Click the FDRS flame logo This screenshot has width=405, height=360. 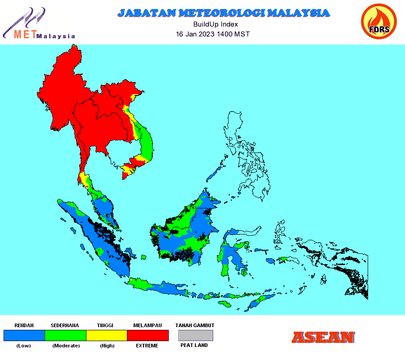click(378, 22)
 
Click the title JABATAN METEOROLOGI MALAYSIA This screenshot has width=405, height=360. click(223, 13)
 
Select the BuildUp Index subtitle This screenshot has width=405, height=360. click(216, 24)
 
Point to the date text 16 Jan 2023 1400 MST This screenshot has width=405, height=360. click(213, 34)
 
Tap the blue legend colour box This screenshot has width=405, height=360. click(24, 335)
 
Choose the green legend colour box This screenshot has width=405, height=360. click(65, 335)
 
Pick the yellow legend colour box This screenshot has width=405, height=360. click(107, 335)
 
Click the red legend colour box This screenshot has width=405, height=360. click(148, 335)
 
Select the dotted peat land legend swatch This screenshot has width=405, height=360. click(195, 335)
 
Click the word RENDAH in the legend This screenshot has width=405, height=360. click(24, 325)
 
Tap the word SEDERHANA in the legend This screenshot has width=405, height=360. click(65, 325)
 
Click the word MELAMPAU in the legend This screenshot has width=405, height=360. click(148, 325)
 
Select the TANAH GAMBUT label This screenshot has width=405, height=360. click(195, 325)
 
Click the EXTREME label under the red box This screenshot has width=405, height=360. click(147, 346)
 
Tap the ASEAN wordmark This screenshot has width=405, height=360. click(323, 337)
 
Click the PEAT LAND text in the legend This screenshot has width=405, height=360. click(194, 345)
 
